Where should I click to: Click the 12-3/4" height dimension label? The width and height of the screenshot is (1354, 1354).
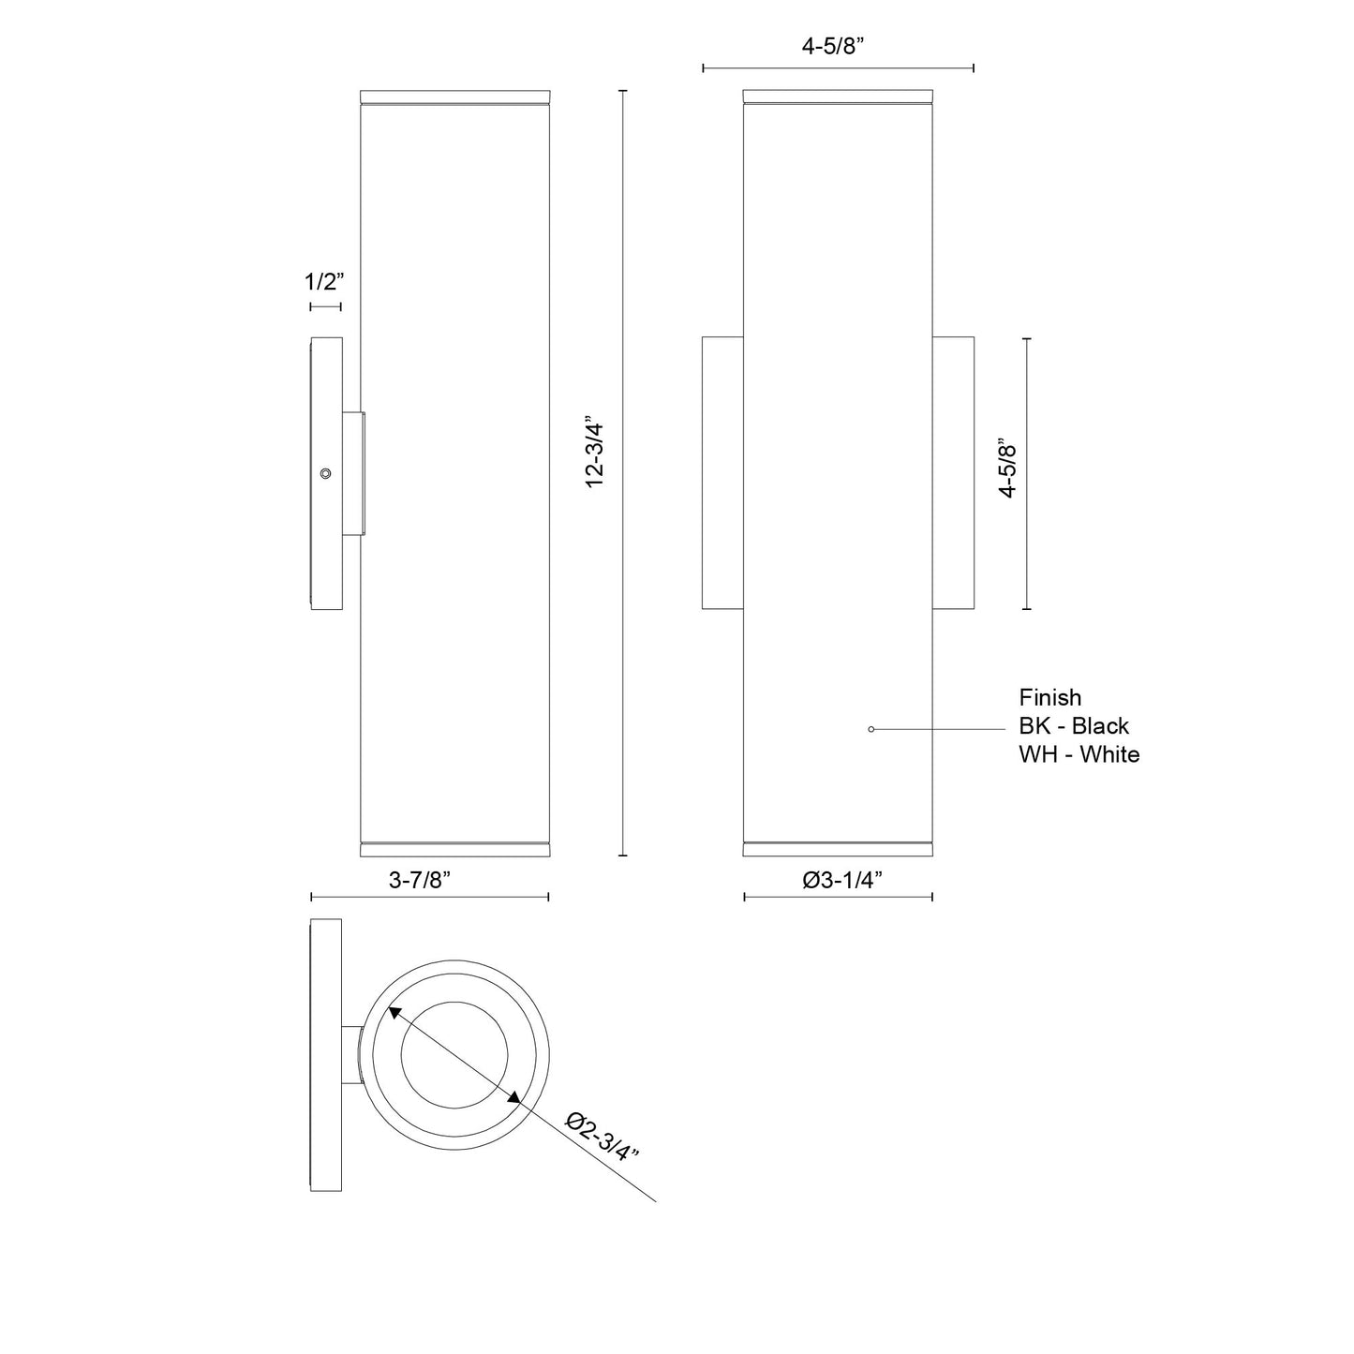pos(596,451)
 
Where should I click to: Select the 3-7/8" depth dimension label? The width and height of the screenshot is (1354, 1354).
pos(420,880)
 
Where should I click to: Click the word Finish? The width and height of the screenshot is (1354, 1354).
pos(1049,698)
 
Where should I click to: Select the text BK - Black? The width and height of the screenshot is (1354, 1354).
pos(1074,726)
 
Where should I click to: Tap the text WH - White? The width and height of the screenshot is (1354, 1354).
pos(1079,754)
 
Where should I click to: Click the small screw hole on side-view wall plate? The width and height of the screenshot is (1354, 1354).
pos(325,474)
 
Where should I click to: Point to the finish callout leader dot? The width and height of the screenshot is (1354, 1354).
pos(871,729)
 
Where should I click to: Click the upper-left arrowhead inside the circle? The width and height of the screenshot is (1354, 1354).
pos(395,1013)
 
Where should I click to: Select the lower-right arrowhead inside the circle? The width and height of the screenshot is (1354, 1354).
pos(513,1098)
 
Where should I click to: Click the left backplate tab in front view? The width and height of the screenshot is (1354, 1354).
pos(722,472)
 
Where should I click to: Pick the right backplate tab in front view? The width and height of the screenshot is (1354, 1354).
pos(953,472)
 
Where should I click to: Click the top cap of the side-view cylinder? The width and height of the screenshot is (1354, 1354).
pos(454,97)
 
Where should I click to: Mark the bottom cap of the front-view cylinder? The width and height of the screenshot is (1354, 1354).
pos(838,849)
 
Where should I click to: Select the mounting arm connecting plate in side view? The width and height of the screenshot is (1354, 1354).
pos(353,474)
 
